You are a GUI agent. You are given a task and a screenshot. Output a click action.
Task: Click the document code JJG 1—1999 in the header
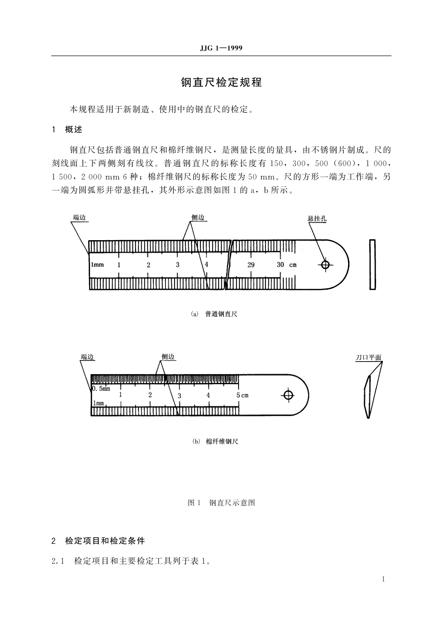(221, 48)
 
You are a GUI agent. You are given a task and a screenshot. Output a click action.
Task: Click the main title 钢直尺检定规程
(221, 82)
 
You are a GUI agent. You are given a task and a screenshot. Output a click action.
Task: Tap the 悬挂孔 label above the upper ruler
(317, 219)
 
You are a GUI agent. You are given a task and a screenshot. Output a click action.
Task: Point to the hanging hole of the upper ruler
(325, 265)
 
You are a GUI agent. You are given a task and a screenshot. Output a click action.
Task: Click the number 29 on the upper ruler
(251, 265)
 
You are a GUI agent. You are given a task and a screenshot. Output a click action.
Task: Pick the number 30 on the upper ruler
(280, 264)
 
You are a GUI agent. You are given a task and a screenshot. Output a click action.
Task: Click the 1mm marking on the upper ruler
(97, 265)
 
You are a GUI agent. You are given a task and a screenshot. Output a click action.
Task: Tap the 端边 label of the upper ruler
(79, 217)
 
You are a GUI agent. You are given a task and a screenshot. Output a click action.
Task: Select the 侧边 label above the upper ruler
(198, 217)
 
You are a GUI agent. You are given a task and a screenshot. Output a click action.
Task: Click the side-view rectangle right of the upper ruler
(372, 264)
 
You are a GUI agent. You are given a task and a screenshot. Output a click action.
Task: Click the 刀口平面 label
(368, 357)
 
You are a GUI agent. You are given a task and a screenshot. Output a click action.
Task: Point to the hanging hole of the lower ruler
(288, 395)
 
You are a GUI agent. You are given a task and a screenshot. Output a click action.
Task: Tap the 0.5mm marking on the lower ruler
(101, 389)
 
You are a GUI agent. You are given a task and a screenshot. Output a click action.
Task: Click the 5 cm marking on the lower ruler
(242, 395)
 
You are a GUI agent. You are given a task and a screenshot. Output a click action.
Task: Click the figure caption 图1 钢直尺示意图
(221, 503)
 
